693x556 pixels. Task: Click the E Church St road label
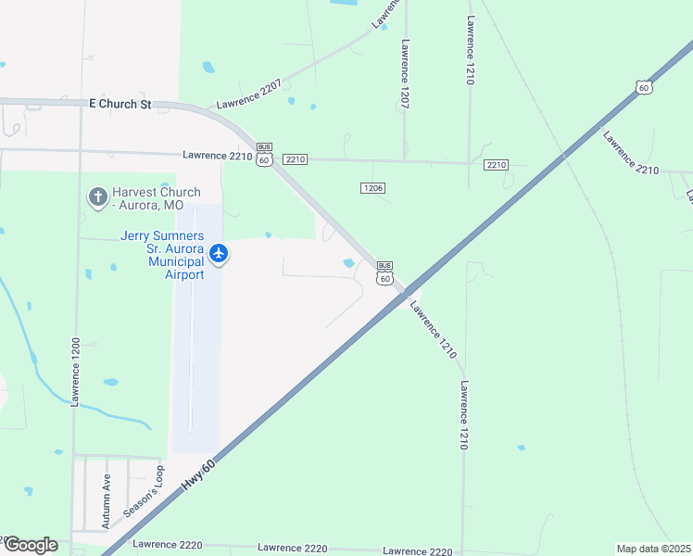coord(120,106)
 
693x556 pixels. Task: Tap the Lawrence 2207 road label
coord(248,97)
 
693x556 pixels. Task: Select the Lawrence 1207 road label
coord(405,73)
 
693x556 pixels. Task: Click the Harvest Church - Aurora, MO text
coord(156,198)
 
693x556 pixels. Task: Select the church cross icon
coord(97,197)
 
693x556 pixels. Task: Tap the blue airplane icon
coord(219,252)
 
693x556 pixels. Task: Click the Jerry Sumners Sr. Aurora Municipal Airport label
coord(162,255)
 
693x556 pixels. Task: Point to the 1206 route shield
coord(372,187)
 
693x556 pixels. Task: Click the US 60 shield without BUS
coord(644,87)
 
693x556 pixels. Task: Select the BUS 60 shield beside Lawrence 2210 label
coord(264,154)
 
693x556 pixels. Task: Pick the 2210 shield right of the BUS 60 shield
coord(296,159)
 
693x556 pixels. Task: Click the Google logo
coord(31,545)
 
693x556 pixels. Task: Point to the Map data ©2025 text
coord(653,549)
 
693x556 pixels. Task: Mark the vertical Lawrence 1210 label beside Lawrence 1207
coord(471,52)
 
